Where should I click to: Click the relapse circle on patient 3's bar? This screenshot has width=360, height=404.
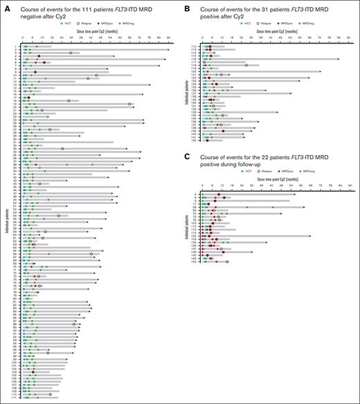pyautogui.click(x=71, y=53)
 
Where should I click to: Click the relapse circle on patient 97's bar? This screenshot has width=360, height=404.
pyautogui.click(x=48, y=352)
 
